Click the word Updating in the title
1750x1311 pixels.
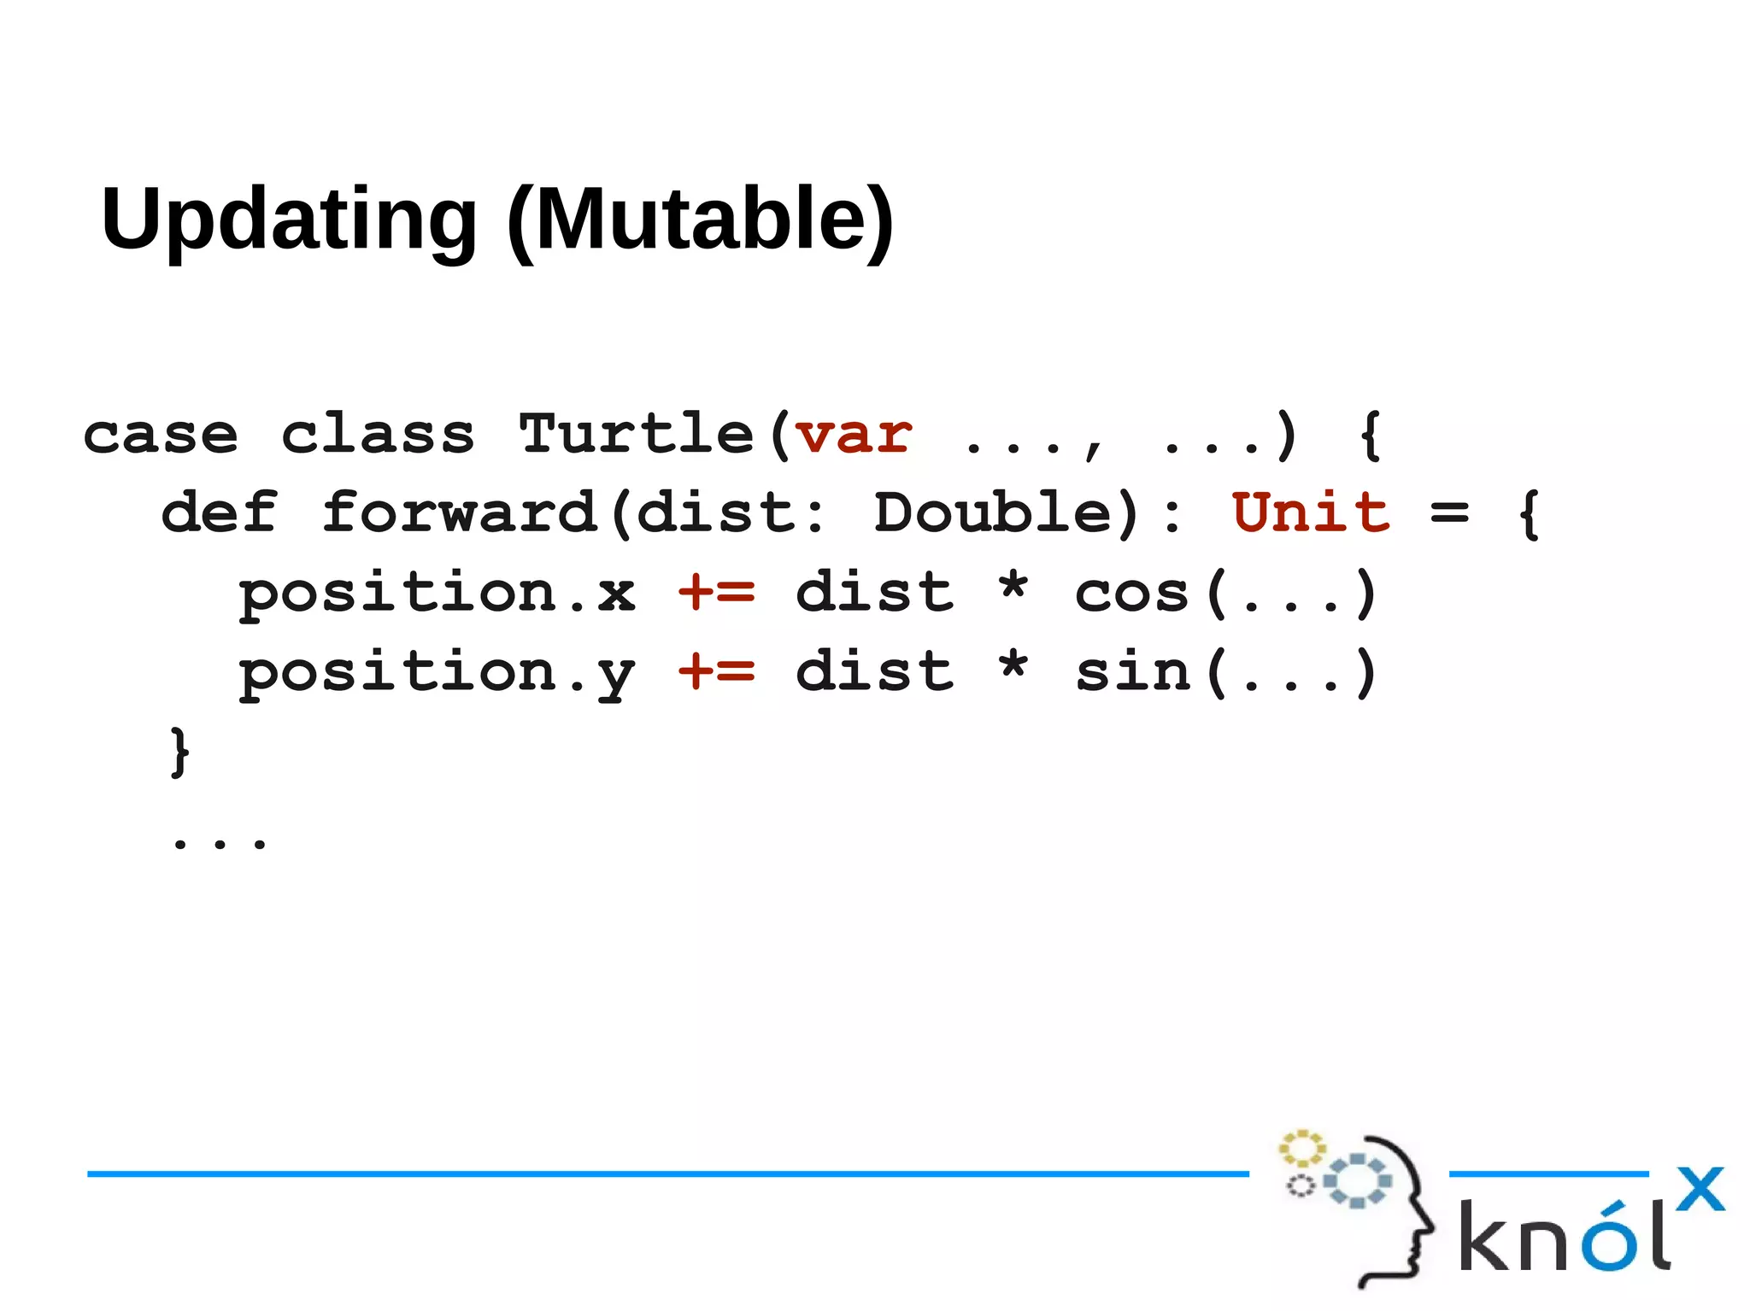coord(289,219)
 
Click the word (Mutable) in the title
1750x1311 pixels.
coord(701,219)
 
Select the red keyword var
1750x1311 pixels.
coord(854,435)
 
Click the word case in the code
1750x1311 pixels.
coord(161,435)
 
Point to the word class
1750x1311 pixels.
coord(378,435)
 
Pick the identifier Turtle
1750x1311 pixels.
coord(637,435)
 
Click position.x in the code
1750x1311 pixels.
coord(437,593)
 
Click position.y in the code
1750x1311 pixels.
coord(437,673)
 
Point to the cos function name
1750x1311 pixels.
coord(1131,593)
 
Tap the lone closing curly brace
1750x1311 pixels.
coord(179,752)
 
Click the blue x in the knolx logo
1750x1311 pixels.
coord(1700,1189)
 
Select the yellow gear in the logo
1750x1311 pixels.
coord(1301,1149)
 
